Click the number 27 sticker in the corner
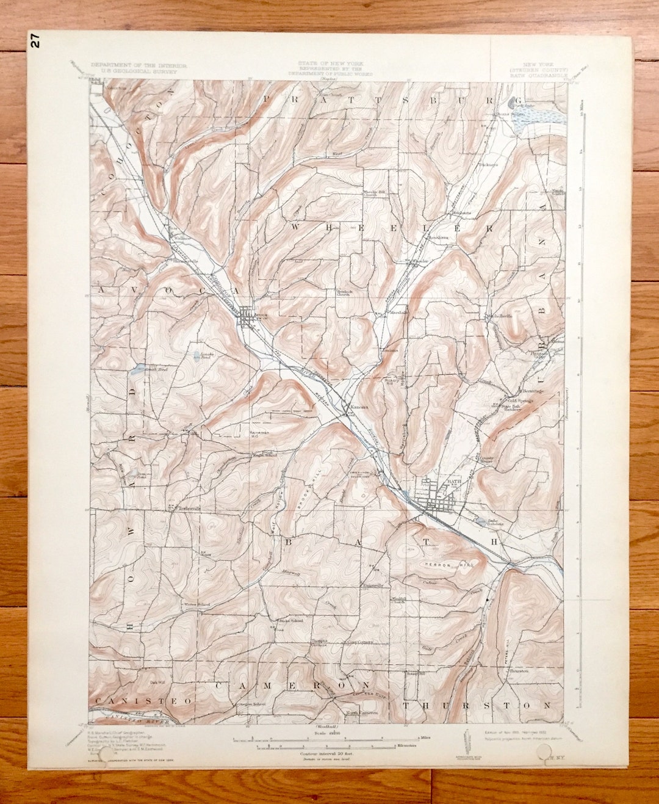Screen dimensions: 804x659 click(x=35, y=42)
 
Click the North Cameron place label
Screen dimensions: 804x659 click(x=359, y=712)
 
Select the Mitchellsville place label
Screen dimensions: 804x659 click(x=498, y=316)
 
